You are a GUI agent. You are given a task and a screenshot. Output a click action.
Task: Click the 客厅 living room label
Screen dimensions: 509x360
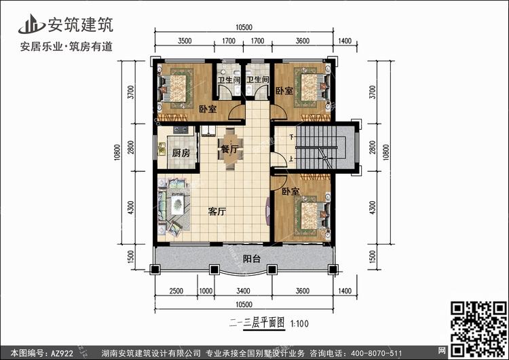[217, 212]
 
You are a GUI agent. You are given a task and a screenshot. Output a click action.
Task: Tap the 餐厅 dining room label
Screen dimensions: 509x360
[229, 149]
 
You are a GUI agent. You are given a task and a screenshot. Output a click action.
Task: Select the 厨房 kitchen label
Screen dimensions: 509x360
[181, 153]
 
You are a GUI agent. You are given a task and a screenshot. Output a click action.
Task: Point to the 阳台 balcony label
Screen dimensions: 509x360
[252, 259]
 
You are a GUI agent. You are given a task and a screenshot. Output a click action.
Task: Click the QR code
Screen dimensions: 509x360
[478, 329]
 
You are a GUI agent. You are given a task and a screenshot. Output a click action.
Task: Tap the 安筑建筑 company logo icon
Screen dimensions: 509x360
[31, 24]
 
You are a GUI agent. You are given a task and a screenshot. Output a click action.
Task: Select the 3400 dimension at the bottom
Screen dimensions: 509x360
[243, 291]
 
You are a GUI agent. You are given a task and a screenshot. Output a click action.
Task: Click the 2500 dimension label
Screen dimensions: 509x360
[176, 291]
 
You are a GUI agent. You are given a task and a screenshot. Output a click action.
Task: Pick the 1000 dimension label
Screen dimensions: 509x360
[206, 291]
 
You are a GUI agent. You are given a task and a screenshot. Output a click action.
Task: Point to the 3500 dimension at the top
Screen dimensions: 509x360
[185, 41]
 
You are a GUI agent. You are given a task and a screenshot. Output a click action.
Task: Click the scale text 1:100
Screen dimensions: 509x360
[299, 323]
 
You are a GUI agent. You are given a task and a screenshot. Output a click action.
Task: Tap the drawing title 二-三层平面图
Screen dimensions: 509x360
[257, 323]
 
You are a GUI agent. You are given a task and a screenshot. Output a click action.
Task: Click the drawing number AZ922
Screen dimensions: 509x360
[62, 353]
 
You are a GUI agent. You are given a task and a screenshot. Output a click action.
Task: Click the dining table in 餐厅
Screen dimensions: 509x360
[230, 149]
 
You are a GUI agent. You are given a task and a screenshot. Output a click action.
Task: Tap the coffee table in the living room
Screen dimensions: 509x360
[178, 204]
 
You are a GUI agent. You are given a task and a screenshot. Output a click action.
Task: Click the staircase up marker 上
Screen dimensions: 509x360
[292, 159]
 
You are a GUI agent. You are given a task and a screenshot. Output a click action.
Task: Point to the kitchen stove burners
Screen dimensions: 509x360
[181, 130]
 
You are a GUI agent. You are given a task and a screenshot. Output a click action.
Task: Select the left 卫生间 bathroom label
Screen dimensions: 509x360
[229, 79]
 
